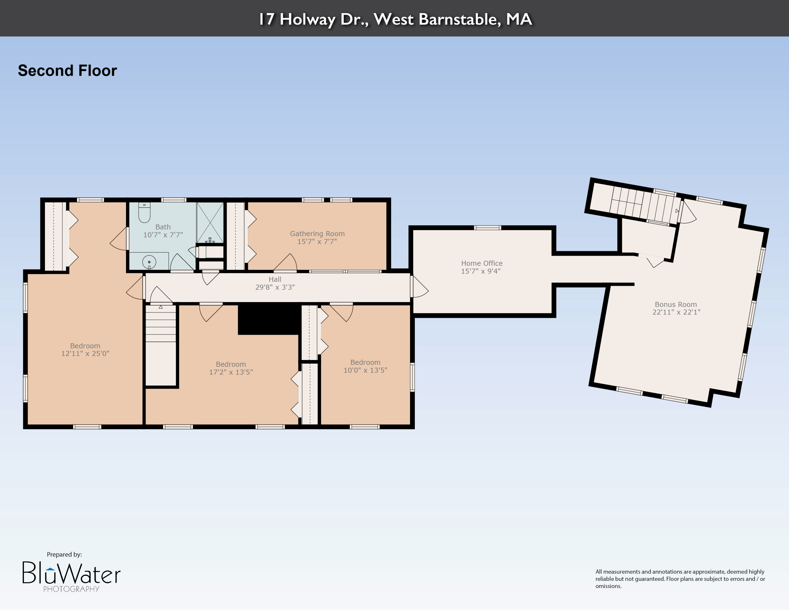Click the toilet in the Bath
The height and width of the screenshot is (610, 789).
(x=144, y=213)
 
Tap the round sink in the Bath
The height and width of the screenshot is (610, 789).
(x=149, y=262)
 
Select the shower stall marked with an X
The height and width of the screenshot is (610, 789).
(x=210, y=222)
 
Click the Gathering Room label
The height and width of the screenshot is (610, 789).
(x=317, y=234)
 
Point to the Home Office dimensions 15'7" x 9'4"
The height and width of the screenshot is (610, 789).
(x=481, y=271)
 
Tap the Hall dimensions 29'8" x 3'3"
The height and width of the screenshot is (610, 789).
(x=275, y=287)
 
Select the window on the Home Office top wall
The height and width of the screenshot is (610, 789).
(x=487, y=228)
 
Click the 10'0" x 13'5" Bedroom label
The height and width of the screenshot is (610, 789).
(x=365, y=362)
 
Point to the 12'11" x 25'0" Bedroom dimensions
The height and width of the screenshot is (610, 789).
(x=85, y=354)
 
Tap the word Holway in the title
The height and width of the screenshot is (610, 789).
(x=307, y=19)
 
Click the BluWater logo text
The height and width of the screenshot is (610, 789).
(x=71, y=573)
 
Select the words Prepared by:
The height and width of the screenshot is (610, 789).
(x=64, y=554)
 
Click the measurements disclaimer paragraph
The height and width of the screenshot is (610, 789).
(x=680, y=579)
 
